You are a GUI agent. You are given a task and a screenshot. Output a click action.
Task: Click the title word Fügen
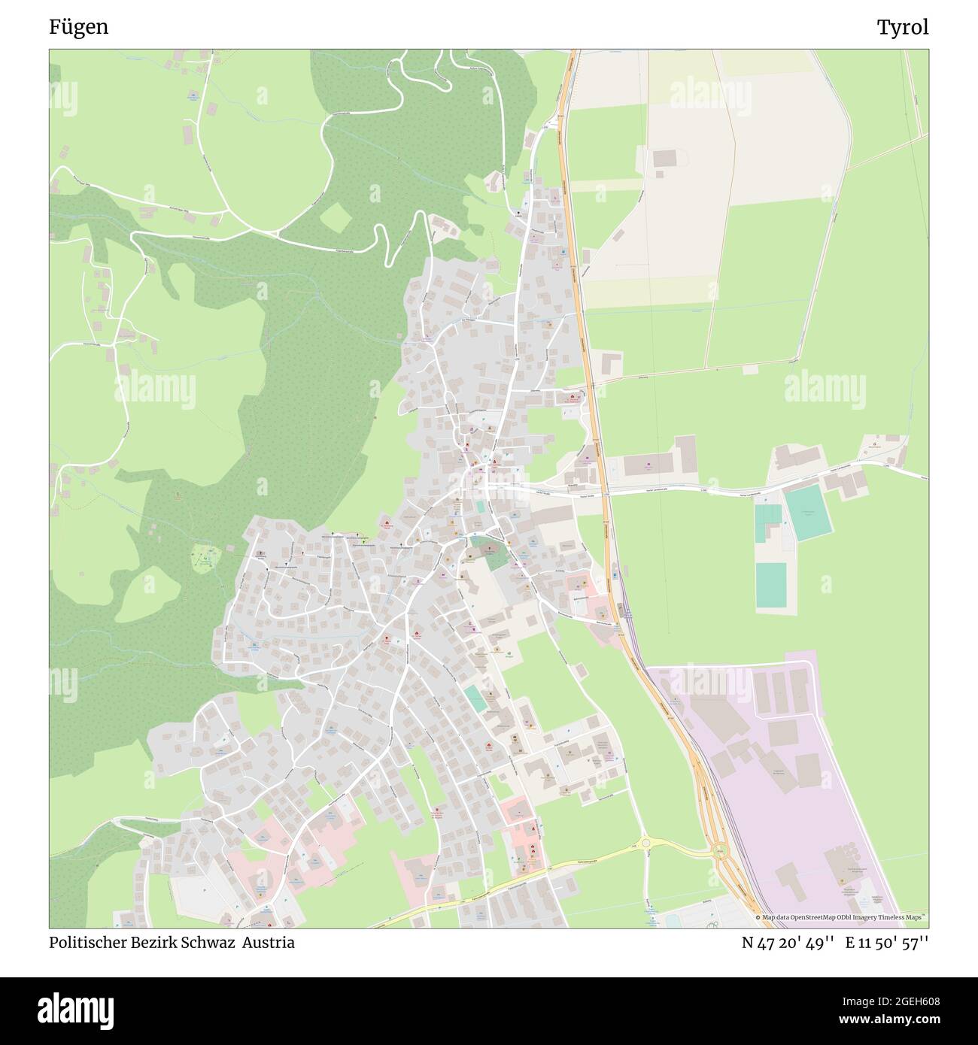tap(78, 27)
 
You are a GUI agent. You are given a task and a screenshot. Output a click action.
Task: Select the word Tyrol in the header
tap(902, 27)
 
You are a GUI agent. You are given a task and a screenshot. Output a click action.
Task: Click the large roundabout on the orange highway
tap(721, 852)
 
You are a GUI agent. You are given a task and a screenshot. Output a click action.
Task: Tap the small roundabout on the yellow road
tap(646, 842)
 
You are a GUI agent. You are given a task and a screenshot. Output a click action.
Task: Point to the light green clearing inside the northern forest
tap(335, 218)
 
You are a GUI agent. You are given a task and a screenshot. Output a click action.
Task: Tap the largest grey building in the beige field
tap(665, 159)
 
